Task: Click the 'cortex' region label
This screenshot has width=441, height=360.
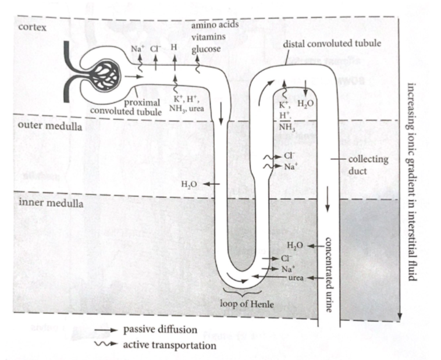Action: point(33,27)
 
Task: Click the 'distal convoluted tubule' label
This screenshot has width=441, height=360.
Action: point(332,44)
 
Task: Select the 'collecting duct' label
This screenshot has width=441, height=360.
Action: point(365,165)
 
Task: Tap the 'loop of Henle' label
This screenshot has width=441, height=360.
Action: point(247,304)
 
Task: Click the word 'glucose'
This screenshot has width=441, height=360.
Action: point(205,49)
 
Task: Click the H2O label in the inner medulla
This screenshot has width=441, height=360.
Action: point(297,245)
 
